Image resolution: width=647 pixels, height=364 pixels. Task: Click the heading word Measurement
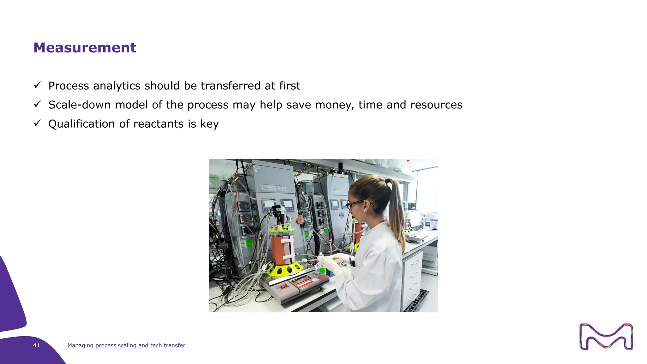pos(85,48)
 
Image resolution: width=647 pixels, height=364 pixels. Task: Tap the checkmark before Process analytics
pos(38,85)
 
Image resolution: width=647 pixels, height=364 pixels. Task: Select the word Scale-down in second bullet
pos(79,105)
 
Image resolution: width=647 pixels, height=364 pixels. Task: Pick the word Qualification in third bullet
pos(82,124)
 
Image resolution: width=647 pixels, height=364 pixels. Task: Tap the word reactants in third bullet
pos(158,124)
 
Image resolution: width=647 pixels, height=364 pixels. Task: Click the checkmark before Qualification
pos(38,123)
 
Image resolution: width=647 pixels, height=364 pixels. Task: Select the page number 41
pos(36,345)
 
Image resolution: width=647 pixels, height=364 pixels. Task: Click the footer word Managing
pos(80,345)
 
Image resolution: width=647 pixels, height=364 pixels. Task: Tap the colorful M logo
pos(606,337)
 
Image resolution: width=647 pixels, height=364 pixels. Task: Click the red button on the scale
pos(283,286)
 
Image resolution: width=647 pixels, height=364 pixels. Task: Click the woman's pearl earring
pos(365,210)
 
